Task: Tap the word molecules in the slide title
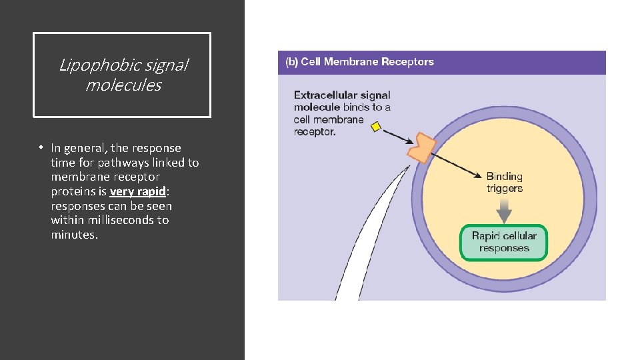pyautogui.click(x=123, y=85)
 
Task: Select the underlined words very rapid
pyautogui.click(x=131, y=191)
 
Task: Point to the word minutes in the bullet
pyautogui.click(x=74, y=235)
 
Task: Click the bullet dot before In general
pyautogui.click(x=41, y=148)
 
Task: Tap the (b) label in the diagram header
pyautogui.click(x=291, y=62)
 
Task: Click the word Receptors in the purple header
pyautogui.click(x=407, y=62)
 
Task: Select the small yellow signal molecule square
pyautogui.click(x=376, y=127)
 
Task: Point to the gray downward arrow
pyautogui.click(x=504, y=211)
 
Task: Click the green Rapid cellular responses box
pyautogui.click(x=503, y=242)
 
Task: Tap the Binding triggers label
pyautogui.click(x=504, y=183)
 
